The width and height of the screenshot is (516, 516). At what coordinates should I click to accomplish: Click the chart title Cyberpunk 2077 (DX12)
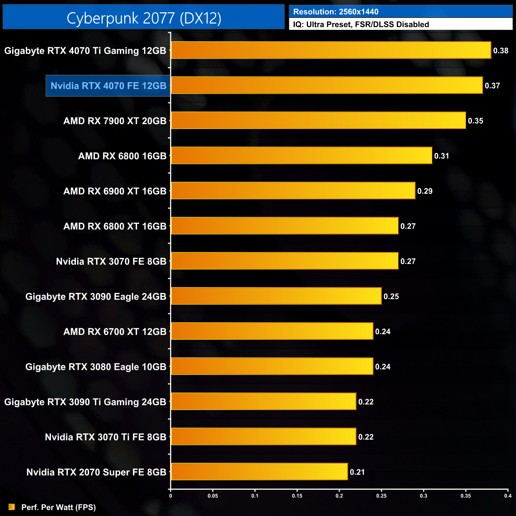[144, 18]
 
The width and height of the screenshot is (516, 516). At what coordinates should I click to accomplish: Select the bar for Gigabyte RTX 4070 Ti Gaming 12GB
[331, 50]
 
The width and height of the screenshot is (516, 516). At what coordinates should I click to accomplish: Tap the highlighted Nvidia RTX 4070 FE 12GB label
[108, 86]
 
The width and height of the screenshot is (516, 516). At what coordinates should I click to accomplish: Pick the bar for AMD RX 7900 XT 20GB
[318, 120]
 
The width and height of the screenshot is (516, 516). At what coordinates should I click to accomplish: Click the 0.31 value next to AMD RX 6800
[441, 156]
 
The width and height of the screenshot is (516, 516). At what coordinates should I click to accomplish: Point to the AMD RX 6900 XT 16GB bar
[293, 191]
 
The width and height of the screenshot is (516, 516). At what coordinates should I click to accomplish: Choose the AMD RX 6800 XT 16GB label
[115, 226]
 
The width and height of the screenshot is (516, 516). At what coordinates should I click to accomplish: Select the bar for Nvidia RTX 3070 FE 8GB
[284, 261]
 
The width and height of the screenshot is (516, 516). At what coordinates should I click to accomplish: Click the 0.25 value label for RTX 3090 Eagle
[391, 297]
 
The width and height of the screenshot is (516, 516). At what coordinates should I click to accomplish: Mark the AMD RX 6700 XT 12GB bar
[272, 331]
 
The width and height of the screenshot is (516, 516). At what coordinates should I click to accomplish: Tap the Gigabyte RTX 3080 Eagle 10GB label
[96, 367]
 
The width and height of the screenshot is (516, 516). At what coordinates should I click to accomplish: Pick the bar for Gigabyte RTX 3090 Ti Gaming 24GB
[263, 401]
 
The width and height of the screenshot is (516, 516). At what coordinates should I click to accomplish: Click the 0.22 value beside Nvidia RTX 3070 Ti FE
[366, 437]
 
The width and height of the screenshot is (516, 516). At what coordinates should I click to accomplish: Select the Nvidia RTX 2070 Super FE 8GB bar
[259, 472]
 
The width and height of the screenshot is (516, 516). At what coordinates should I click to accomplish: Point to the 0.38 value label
[501, 51]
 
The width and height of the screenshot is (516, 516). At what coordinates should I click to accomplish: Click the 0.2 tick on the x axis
[339, 496]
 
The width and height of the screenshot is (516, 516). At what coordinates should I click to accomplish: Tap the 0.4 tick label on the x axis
[508, 496]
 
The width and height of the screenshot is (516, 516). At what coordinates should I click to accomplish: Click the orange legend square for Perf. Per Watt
[12, 507]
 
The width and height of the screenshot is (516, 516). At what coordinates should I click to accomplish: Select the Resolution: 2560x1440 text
[336, 12]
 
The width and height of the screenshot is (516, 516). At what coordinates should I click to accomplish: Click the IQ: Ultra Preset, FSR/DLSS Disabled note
[361, 25]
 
